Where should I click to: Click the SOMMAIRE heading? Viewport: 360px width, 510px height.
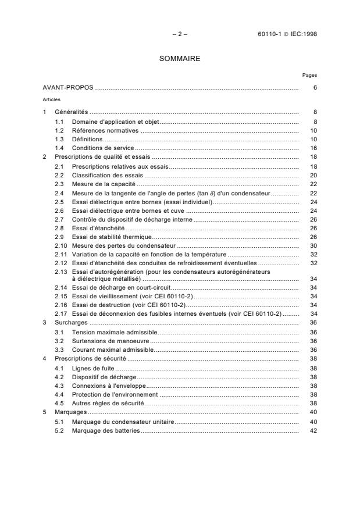click(180, 59)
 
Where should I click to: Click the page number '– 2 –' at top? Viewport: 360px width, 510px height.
click(180, 34)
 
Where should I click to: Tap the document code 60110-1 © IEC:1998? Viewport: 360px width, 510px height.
click(287, 34)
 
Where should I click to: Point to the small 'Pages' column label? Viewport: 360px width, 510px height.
click(309, 75)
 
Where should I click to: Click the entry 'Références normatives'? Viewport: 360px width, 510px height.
click(105, 130)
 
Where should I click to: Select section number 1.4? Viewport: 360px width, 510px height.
click(59, 149)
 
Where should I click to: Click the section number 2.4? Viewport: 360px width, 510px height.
click(59, 193)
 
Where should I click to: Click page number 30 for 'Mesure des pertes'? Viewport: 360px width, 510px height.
click(313, 246)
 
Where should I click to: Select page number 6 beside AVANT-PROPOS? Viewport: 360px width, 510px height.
click(315, 88)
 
